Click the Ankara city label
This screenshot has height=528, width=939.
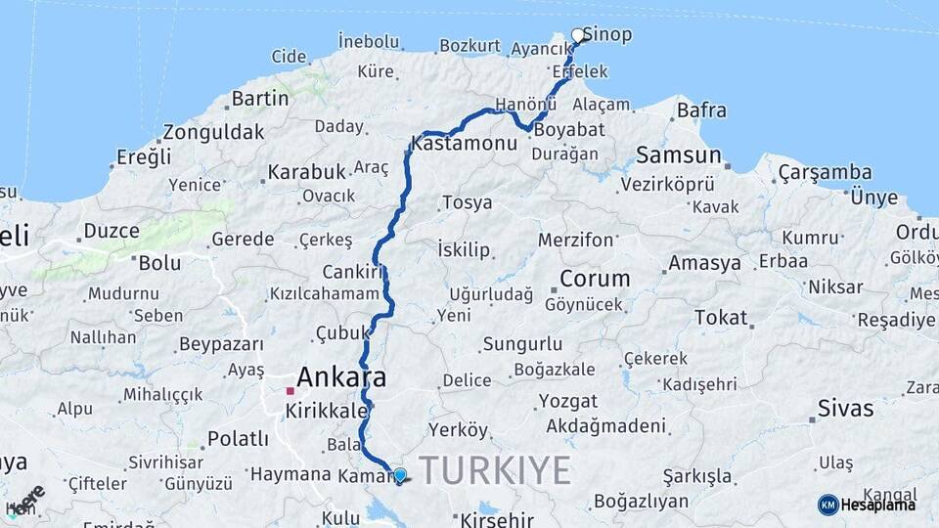tap(340, 376)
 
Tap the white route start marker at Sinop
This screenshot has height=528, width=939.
tap(578, 36)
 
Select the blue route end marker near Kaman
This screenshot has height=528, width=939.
tap(399, 476)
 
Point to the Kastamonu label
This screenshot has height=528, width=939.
tap(465, 144)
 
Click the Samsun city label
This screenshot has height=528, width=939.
tap(679, 154)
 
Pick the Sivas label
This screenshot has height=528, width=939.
tap(845, 408)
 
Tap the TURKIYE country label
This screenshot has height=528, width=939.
tap(495, 470)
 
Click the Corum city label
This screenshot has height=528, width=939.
tap(595, 279)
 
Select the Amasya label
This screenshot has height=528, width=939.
tap(704, 263)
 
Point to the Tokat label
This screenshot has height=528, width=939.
tap(721, 317)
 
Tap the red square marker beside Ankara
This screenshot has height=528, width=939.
tap(290, 391)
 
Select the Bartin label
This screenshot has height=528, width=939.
tap(261, 99)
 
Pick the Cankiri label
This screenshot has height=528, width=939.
tap(352, 272)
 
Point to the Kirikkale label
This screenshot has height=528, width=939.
tap(325, 412)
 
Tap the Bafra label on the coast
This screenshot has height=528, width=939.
tap(701, 110)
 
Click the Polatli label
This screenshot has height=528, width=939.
tap(238, 439)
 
